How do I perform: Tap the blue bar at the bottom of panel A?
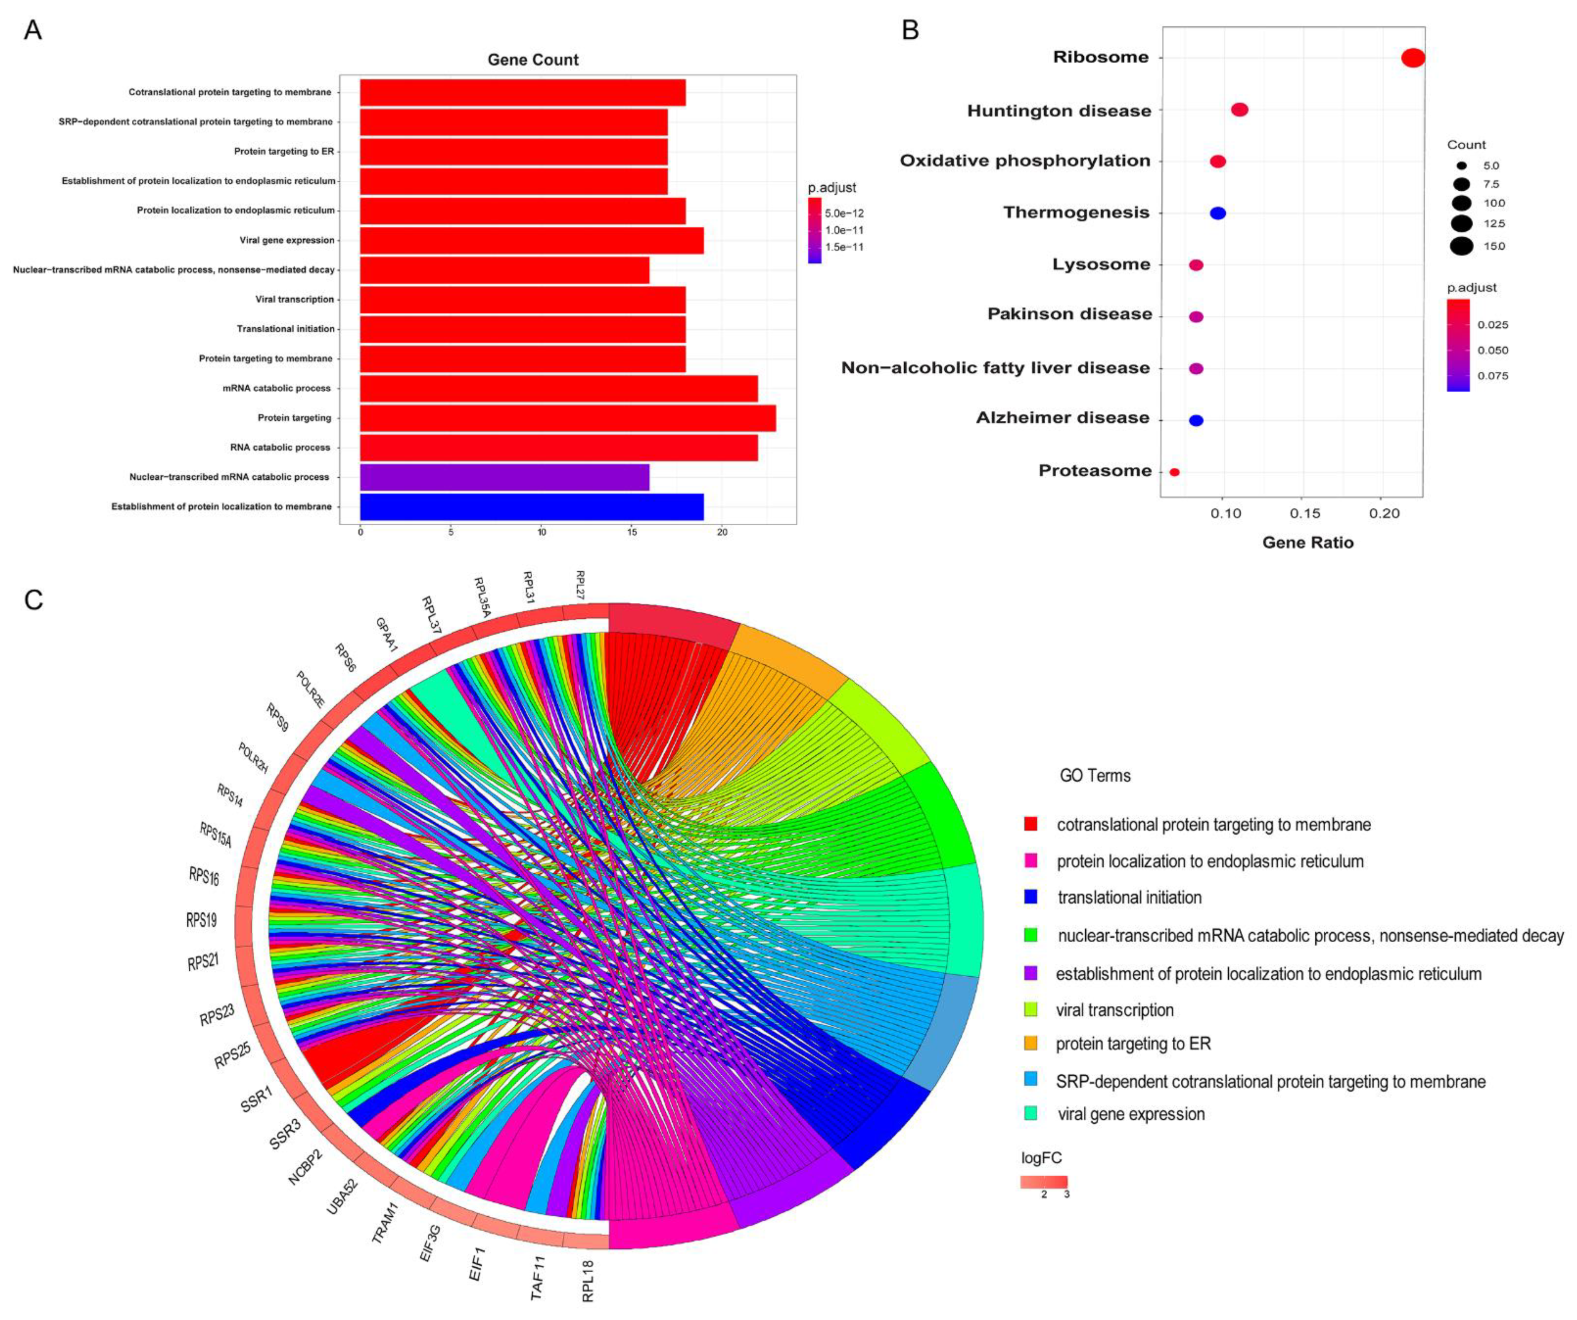click(x=532, y=507)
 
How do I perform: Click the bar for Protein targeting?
click(x=568, y=418)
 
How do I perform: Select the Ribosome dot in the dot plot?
click(x=1413, y=58)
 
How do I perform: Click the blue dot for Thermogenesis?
click(x=1218, y=213)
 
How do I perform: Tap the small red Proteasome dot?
click(x=1174, y=472)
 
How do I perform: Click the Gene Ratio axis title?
click(x=1307, y=542)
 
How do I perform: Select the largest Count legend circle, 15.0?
click(x=1461, y=246)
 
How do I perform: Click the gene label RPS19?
click(x=201, y=920)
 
